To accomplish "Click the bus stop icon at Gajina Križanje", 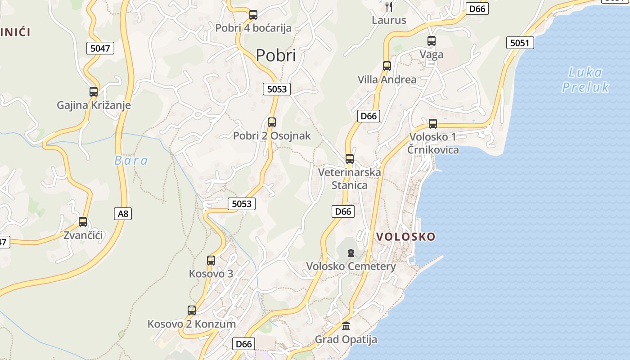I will [x=94, y=92].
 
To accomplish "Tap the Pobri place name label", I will [x=276, y=55].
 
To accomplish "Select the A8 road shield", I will [x=123, y=214].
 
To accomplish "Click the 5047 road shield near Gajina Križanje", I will [x=100, y=48].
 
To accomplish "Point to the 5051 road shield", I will [x=520, y=43].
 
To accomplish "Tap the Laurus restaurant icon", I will [x=389, y=6].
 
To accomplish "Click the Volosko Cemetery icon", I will [x=351, y=253].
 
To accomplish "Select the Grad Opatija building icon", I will [x=346, y=326].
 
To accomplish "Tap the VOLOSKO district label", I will [x=405, y=237].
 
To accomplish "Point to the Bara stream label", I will [x=131, y=161].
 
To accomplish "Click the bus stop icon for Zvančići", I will [x=83, y=222].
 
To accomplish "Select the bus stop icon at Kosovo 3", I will [x=211, y=260].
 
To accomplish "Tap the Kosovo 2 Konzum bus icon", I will [x=192, y=310].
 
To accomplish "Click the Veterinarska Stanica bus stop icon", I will [x=350, y=159].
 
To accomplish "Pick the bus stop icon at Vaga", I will [x=432, y=41].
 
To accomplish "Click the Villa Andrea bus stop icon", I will [x=387, y=66].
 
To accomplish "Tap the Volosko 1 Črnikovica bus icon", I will [x=433, y=124].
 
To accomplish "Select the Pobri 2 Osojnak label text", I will [x=272, y=136].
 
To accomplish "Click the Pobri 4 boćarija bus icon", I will [x=253, y=15].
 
